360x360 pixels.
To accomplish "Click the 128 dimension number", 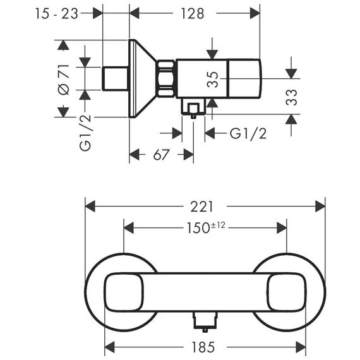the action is coord(193,13).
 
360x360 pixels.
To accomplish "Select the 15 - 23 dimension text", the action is coord(56,13).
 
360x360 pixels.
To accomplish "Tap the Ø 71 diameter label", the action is coord(64,80).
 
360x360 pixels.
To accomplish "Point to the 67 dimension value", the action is coord(161,155).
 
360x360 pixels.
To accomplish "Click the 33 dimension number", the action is coord(291,97).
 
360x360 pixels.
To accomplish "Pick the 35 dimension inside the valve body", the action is coord(212,80).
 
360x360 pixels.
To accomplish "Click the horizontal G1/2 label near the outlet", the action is coord(248,133).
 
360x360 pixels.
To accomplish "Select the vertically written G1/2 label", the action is coord(85,133).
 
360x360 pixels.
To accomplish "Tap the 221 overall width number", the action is coord(202,207).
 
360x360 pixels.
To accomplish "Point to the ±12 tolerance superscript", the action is coord(218,225).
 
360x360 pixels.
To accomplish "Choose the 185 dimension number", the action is coord(203,347).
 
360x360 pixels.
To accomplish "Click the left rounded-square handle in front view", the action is coord(124,292).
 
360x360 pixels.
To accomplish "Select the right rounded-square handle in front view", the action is coord(287,292).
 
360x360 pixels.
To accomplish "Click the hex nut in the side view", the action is coord(166,78).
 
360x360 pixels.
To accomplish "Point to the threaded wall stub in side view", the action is coord(115,78).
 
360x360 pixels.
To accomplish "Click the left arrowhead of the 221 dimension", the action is coord(90,206).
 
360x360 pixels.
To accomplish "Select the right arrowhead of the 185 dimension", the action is coord(301,347).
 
